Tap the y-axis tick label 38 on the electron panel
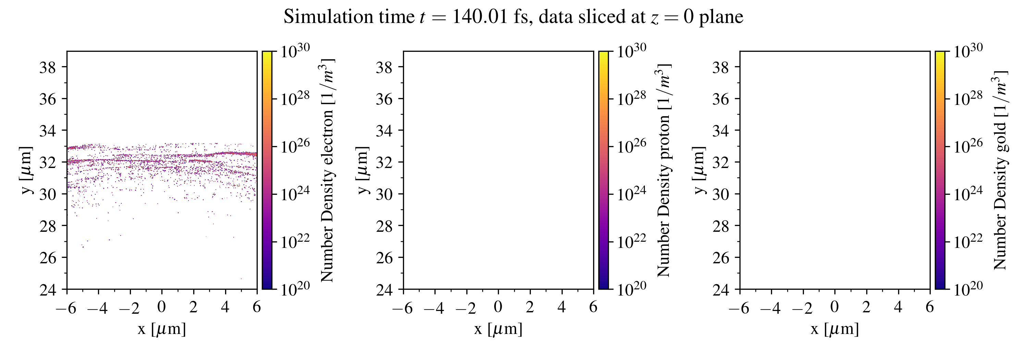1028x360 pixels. tap(48, 68)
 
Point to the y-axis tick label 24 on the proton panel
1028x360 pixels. tap(384, 289)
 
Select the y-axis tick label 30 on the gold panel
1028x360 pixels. tap(721, 194)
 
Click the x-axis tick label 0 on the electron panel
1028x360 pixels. tap(161, 307)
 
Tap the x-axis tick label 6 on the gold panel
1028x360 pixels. tap(930, 307)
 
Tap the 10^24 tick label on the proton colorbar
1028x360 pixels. tap(631, 194)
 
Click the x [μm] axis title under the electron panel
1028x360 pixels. tap(162, 329)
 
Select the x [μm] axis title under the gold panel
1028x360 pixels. tap(834, 329)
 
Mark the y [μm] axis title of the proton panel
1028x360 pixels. tap(362, 170)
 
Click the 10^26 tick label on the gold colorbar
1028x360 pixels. tap(968, 146)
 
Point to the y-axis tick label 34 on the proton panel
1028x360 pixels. tap(384, 131)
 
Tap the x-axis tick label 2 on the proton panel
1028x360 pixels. tap(529, 307)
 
